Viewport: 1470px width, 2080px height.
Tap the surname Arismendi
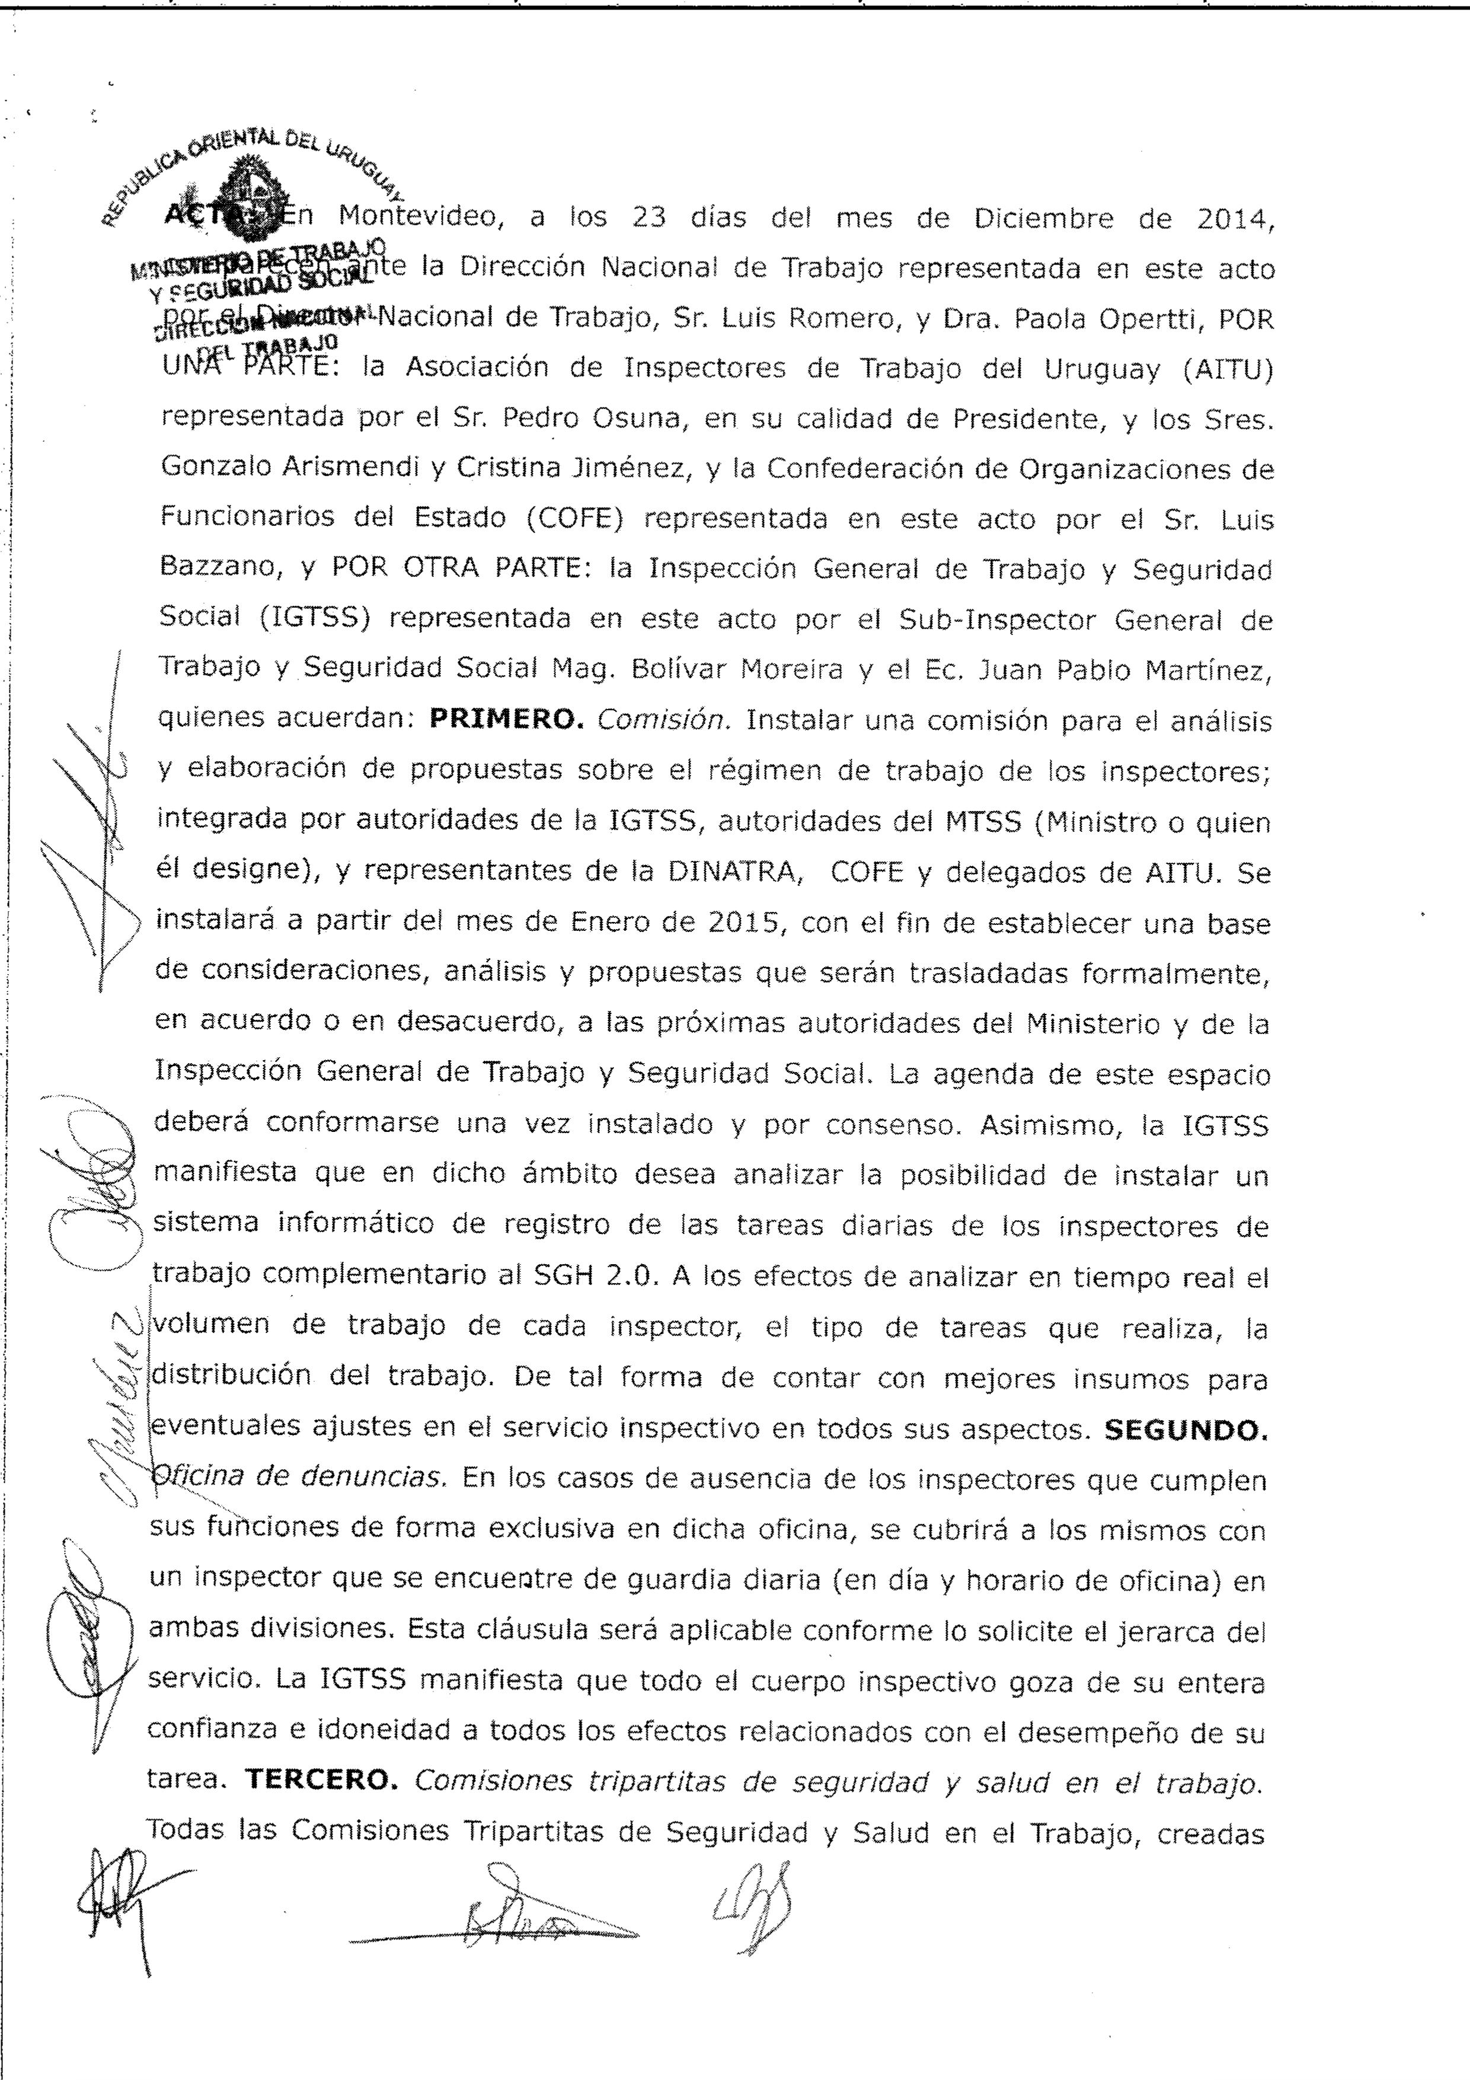click(x=329, y=468)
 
